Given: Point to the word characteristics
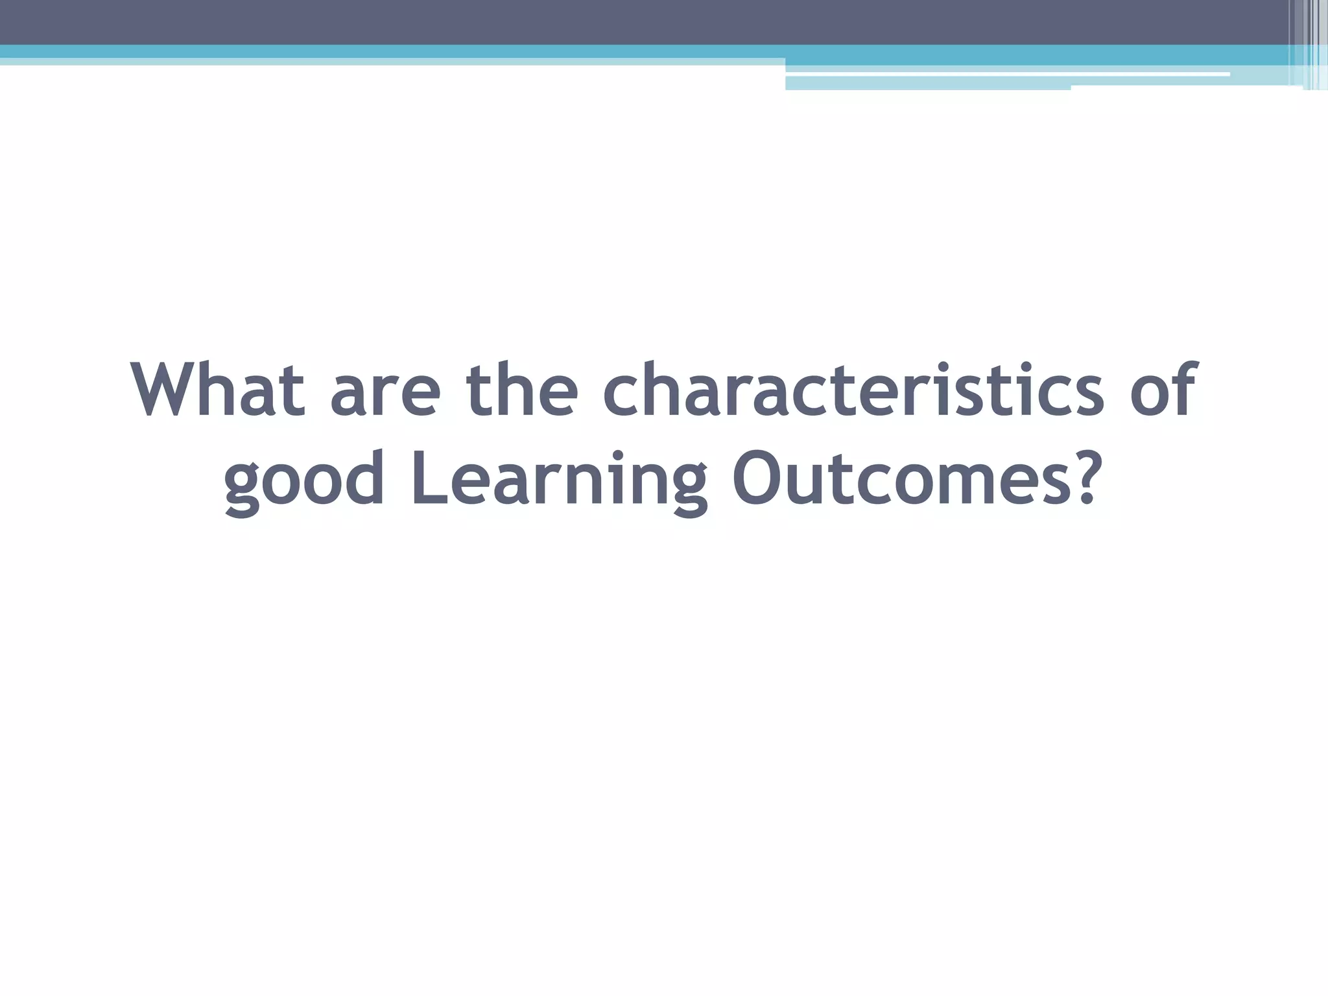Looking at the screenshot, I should point(853,390).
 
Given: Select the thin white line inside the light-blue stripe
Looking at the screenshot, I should point(1005,75).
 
